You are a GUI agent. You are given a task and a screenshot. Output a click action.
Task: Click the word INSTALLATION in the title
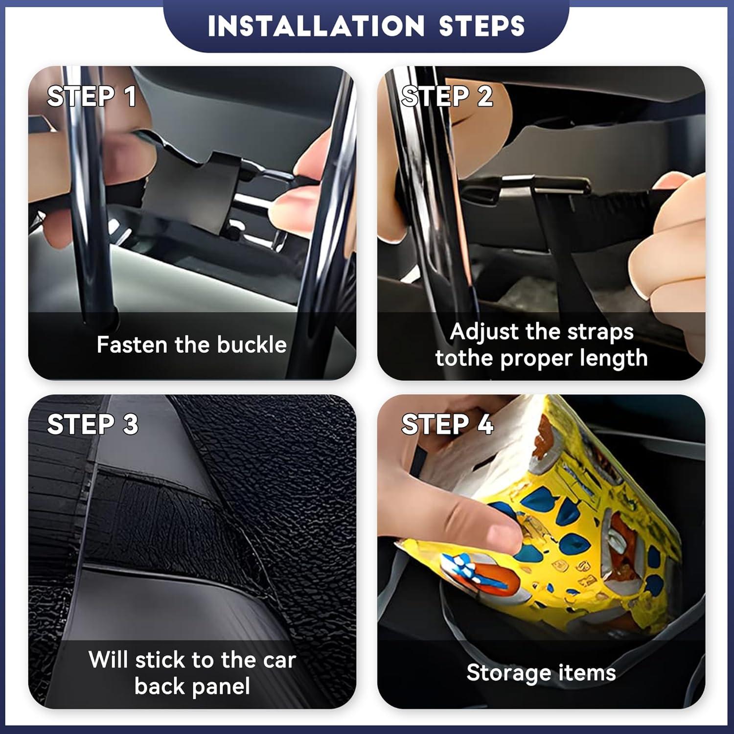click(316, 26)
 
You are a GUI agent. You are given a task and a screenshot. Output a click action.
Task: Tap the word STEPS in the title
click(482, 26)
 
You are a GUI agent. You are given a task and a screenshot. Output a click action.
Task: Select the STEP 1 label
click(92, 96)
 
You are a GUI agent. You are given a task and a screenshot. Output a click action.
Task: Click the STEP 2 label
click(447, 96)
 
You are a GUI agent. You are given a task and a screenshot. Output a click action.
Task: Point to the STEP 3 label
click(92, 424)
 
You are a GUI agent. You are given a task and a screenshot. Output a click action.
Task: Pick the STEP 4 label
click(447, 424)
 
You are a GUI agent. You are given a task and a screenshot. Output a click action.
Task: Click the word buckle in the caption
click(252, 344)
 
